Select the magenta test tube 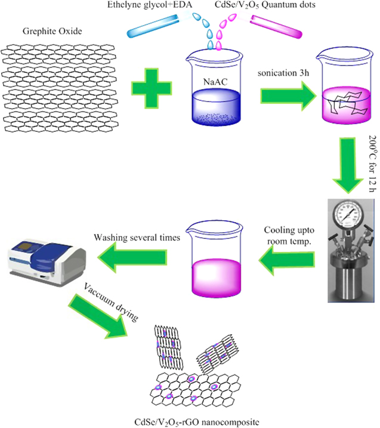tap(277, 24)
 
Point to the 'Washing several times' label tap(137, 238)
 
